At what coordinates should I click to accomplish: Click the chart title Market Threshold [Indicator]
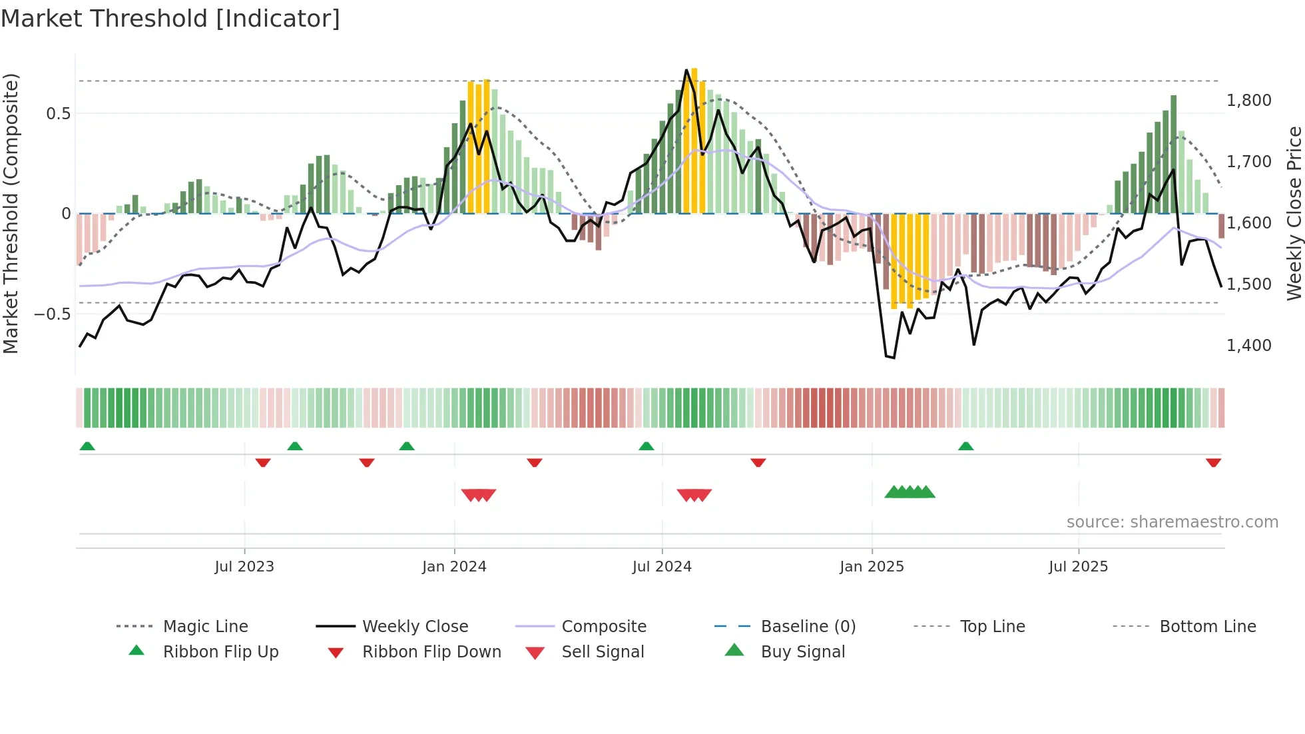(170, 19)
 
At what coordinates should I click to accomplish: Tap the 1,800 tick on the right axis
(1248, 101)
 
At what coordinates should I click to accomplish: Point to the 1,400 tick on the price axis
(1248, 345)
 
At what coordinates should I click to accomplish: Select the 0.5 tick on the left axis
(58, 114)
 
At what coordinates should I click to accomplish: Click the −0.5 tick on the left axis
(53, 314)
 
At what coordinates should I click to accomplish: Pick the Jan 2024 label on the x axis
(454, 567)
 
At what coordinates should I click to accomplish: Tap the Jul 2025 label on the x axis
(1078, 567)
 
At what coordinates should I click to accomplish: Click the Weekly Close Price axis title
(1294, 213)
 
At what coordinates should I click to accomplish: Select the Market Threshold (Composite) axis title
(11, 213)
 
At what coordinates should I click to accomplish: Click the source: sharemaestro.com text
(1172, 522)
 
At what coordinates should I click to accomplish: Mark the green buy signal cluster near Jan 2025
(910, 492)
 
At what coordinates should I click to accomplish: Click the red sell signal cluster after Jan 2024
(479, 495)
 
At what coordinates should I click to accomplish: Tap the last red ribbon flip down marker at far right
(1213, 462)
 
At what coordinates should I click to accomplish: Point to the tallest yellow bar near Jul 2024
(694, 140)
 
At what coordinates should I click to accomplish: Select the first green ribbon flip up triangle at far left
(87, 446)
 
